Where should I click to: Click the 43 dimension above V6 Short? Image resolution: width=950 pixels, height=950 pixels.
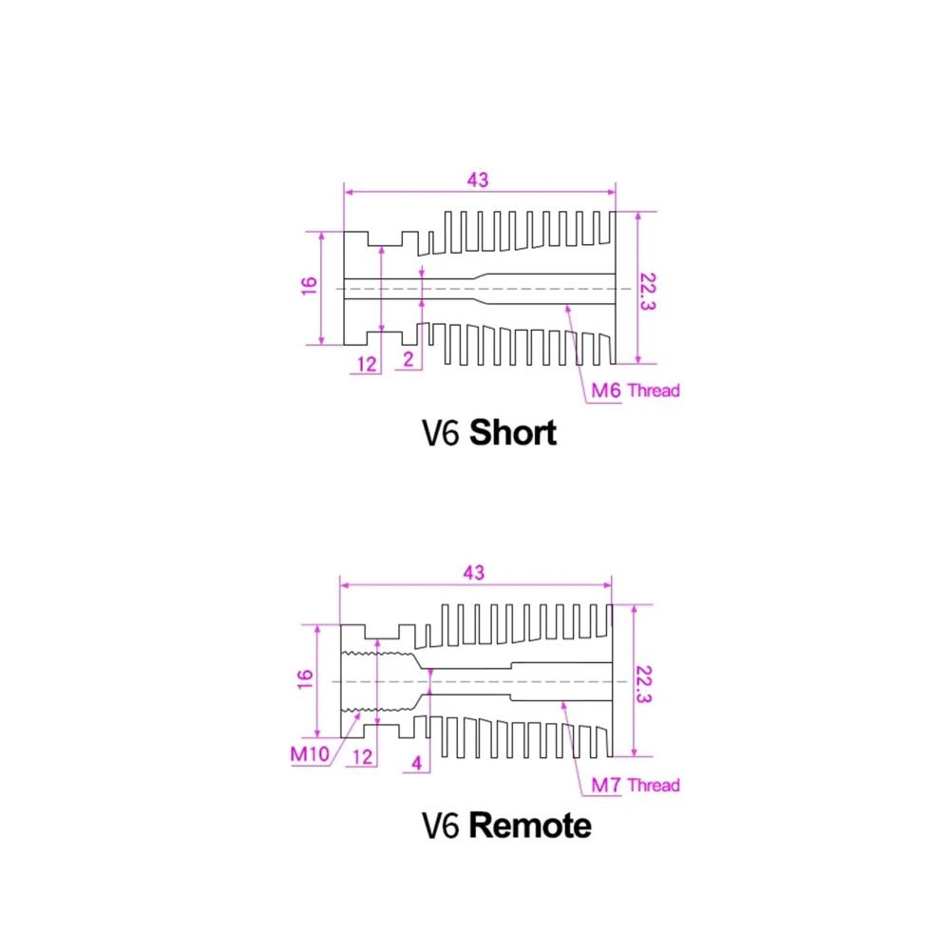(x=478, y=180)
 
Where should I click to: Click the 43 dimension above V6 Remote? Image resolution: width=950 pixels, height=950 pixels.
(x=474, y=573)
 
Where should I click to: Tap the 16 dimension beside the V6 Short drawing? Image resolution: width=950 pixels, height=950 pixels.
(x=309, y=285)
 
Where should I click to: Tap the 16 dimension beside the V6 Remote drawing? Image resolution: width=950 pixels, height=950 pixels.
(x=305, y=679)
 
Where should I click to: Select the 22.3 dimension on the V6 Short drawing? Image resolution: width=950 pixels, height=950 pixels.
(x=648, y=292)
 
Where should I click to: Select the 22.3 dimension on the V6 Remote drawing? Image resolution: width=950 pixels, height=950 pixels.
(x=643, y=685)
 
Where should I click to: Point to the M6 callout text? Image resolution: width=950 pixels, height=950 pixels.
(x=606, y=390)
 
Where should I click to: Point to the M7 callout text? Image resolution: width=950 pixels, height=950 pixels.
(x=606, y=785)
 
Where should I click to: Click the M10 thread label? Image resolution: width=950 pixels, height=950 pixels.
(x=310, y=754)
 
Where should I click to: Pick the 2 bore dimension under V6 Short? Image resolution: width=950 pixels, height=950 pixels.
(x=408, y=359)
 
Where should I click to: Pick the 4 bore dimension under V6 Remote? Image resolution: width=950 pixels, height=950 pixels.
(x=417, y=763)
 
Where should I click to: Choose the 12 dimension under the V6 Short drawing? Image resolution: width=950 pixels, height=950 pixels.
(x=367, y=364)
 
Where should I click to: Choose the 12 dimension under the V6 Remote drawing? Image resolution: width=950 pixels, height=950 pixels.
(x=362, y=757)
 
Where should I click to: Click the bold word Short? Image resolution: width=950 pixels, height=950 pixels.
(x=513, y=432)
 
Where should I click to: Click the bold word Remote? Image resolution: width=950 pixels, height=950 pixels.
(x=530, y=826)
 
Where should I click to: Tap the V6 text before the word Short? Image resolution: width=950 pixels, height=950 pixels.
(x=441, y=433)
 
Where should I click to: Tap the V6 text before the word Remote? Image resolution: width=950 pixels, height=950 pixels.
(x=441, y=826)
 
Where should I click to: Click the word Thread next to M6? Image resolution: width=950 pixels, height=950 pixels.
(x=654, y=390)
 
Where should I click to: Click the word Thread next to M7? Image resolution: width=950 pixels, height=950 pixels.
(x=654, y=786)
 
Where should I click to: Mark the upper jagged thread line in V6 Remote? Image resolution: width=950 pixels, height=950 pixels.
(x=378, y=654)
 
